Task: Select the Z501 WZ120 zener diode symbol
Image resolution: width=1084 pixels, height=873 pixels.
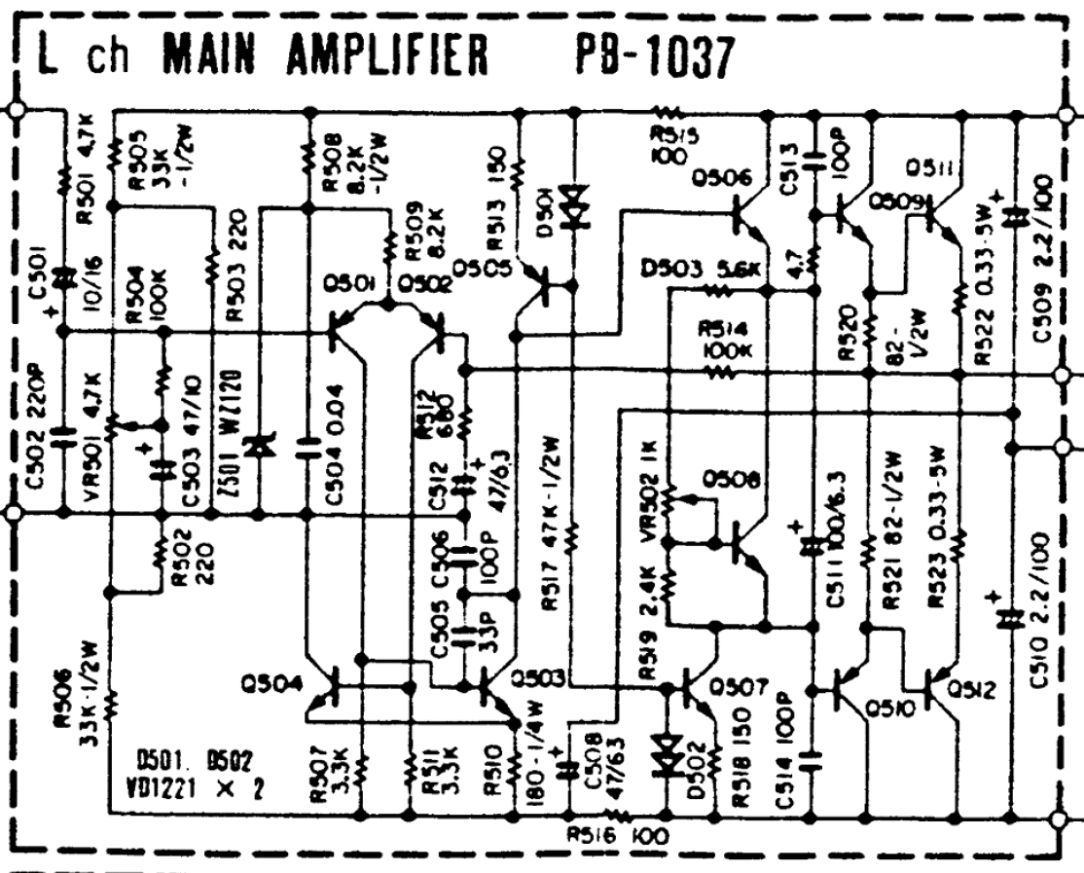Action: pos(259,447)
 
